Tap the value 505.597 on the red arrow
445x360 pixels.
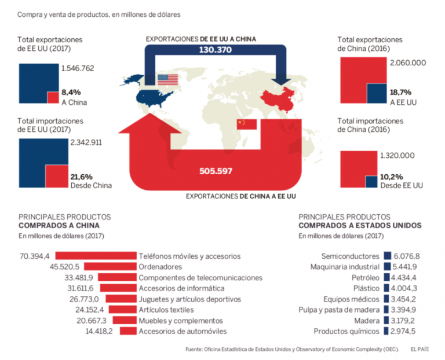(x=214, y=171)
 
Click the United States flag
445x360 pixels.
(x=167, y=80)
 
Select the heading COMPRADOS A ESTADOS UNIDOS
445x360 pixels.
(x=360, y=226)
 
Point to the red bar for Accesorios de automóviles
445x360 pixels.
(x=129, y=331)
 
